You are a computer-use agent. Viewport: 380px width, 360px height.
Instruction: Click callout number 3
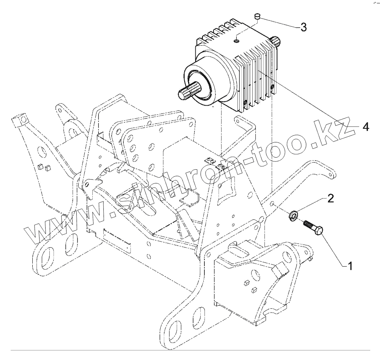pos(303,27)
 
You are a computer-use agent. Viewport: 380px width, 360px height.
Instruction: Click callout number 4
pos(365,127)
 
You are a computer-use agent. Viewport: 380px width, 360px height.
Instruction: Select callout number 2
pos(331,198)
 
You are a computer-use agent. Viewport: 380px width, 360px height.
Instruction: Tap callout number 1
pos(350,266)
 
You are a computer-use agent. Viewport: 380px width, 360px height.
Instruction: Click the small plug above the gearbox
pos(256,16)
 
